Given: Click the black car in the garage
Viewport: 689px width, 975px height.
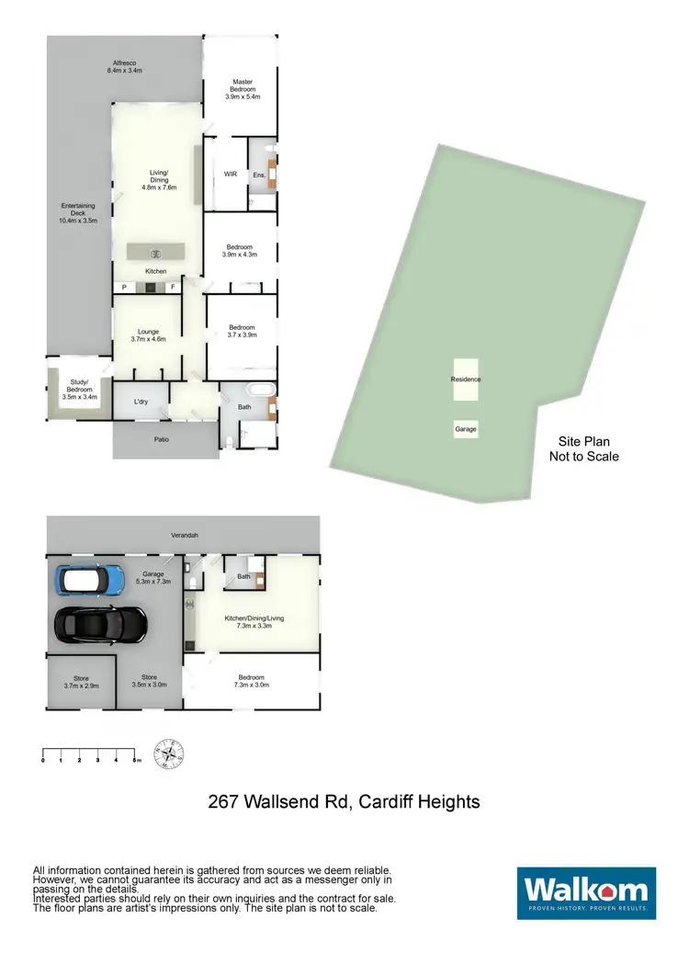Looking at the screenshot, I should click(x=101, y=625).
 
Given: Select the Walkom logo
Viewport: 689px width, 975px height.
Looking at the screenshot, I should click(x=586, y=892).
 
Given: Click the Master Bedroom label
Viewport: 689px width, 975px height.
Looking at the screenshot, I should click(x=243, y=89).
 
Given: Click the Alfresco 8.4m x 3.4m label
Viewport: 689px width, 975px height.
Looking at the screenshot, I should click(x=125, y=66).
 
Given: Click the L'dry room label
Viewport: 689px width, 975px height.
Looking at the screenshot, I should click(x=141, y=402).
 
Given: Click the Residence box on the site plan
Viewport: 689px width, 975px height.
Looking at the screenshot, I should click(x=466, y=380).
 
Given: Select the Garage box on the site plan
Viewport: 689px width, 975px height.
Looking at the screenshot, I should click(x=466, y=429).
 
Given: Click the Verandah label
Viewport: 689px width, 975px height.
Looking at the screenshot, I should click(x=184, y=535).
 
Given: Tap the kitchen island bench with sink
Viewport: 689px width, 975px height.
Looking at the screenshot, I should click(x=155, y=250).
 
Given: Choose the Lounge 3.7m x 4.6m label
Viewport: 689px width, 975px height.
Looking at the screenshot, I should click(x=148, y=335).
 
